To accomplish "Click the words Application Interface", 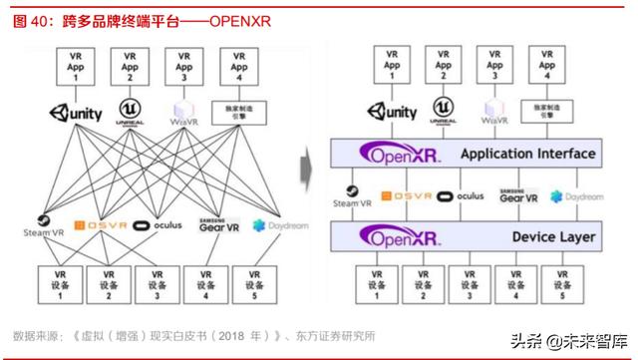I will click(528, 154).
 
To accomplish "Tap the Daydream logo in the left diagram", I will click(280, 225).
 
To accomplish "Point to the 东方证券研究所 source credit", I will click(329, 334).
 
